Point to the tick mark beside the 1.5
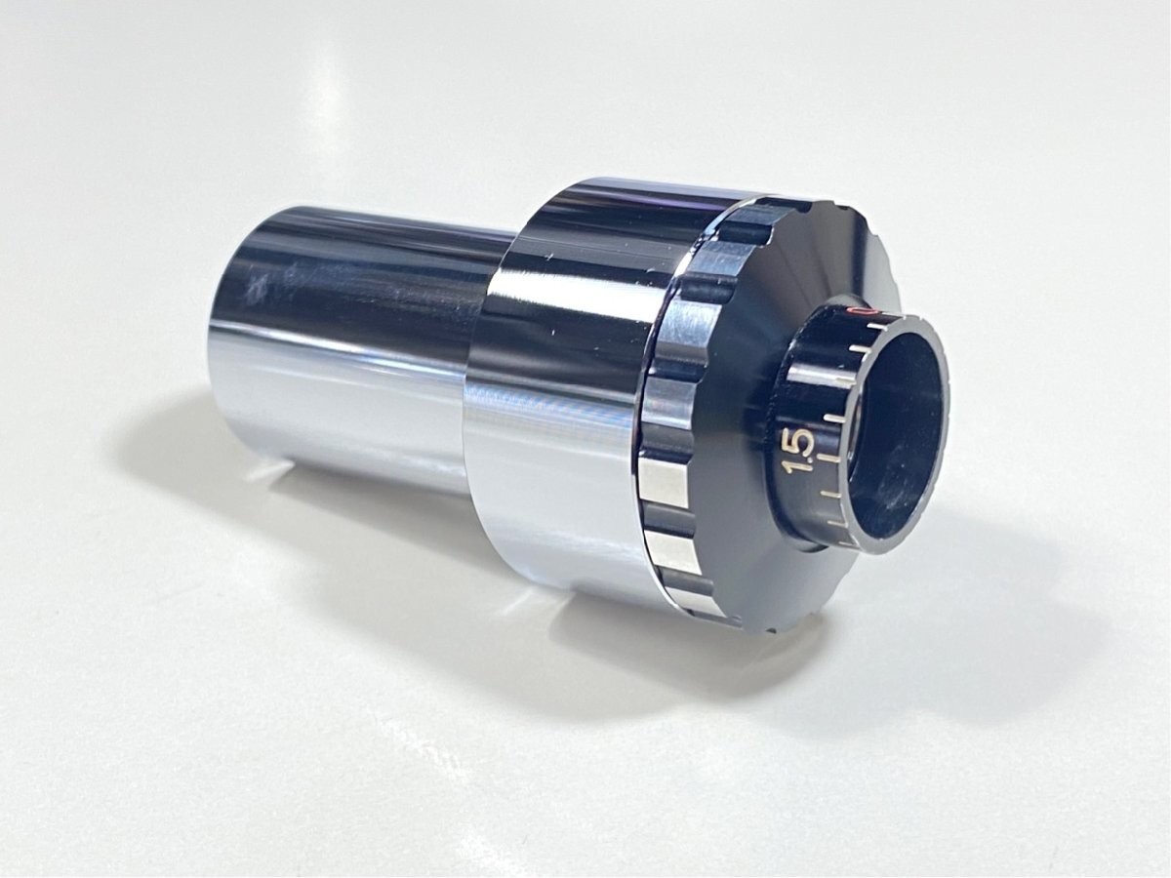[x=829, y=458]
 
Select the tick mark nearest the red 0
[x=858, y=349]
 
